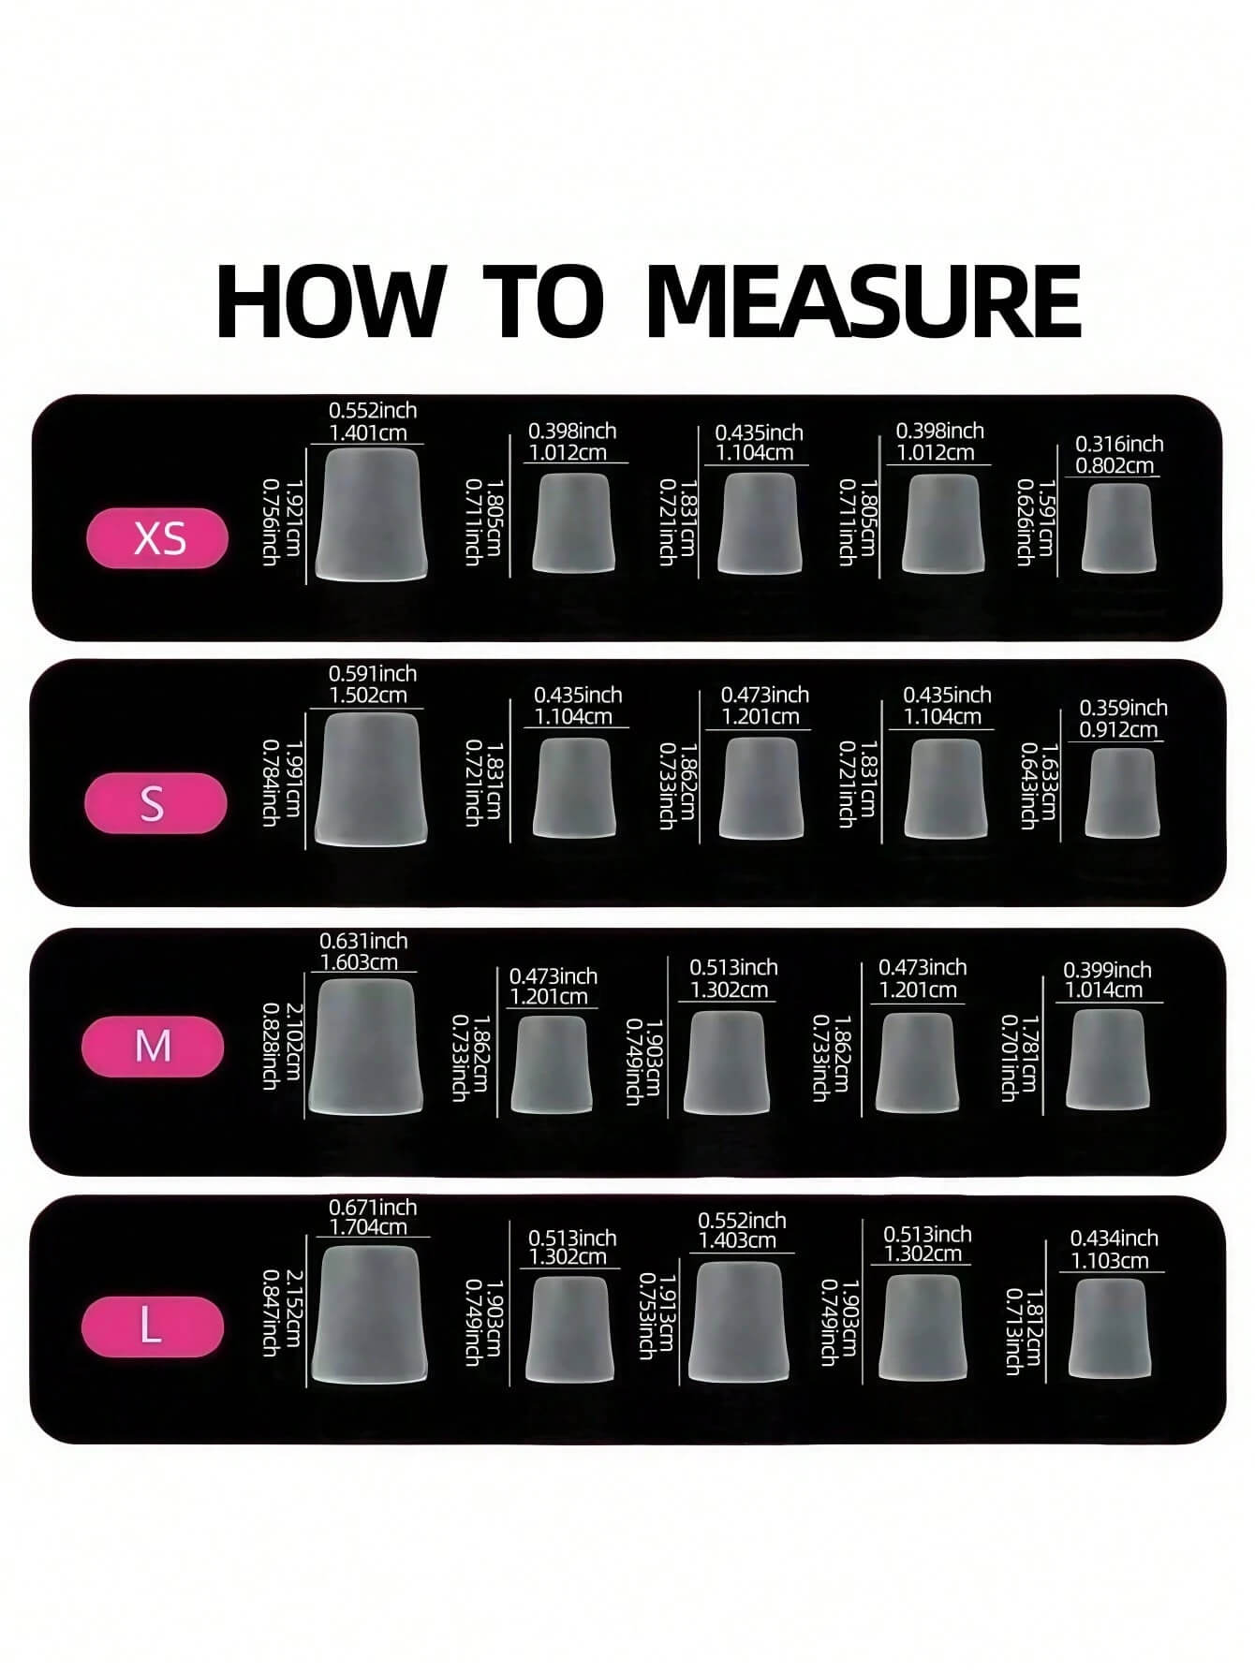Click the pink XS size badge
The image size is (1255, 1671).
coord(157,538)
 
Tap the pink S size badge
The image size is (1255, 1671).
coord(155,803)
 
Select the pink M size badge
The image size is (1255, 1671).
coord(153,1046)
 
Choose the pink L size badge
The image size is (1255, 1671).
coord(153,1327)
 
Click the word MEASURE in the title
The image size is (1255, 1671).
coord(864,301)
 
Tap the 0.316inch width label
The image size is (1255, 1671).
coord(1119,444)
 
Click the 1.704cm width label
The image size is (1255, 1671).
coord(368,1227)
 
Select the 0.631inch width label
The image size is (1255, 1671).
coord(363,941)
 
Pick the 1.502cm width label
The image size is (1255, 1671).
coord(368,696)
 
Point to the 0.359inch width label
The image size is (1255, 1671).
coord(1123,708)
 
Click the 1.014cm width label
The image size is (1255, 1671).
coord(1104,990)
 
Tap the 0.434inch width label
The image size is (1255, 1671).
coord(1115,1239)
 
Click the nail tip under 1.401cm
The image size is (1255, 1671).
coord(372,513)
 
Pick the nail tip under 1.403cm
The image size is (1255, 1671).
coord(738,1321)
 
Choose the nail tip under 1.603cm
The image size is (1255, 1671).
coord(366,1047)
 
